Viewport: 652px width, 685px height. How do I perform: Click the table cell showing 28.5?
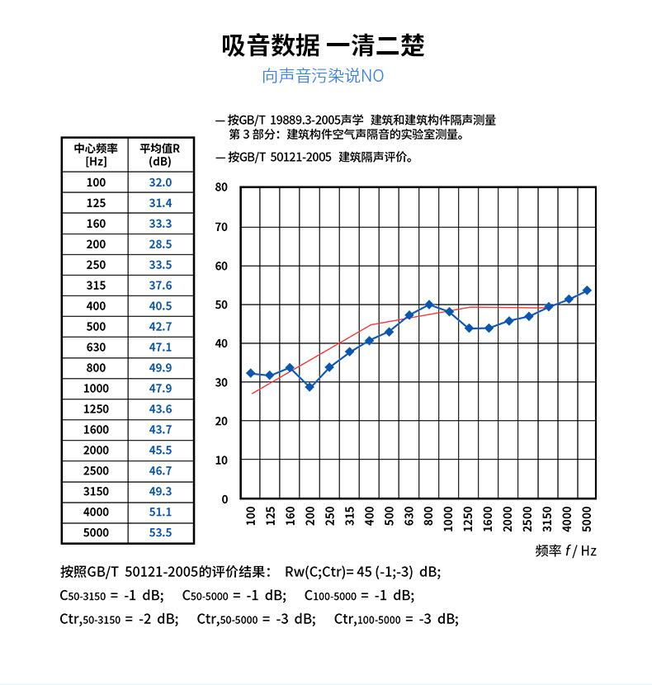[x=160, y=244]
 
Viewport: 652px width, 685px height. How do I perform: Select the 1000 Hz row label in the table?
[x=96, y=389]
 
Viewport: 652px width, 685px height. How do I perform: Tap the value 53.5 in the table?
[x=160, y=533]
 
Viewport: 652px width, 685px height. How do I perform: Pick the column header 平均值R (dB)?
[x=160, y=154]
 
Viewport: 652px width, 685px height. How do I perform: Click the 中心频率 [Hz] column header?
[x=96, y=154]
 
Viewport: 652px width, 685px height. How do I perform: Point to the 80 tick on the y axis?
[x=221, y=187]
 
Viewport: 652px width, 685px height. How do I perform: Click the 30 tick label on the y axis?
[x=221, y=382]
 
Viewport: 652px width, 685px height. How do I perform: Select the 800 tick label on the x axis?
[x=429, y=517]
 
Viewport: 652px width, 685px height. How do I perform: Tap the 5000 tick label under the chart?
[x=588, y=517]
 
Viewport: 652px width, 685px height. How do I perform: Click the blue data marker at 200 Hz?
[x=309, y=387]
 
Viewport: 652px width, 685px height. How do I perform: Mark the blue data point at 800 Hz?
[x=429, y=305]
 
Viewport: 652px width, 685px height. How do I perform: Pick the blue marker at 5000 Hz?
[x=588, y=291]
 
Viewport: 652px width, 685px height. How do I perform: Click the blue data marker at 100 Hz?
[x=251, y=373]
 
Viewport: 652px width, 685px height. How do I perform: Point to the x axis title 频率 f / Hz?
[x=565, y=550]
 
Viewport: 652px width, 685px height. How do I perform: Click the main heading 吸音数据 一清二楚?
[x=324, y=45]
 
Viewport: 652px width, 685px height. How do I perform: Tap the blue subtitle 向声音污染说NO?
[x=323, y=77]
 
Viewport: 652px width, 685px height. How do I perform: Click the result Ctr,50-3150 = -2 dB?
[x=119, y=619]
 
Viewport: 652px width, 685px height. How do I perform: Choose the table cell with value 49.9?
[x=160, y=368]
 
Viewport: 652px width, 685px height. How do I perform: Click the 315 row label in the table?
[x=96, y=286]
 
